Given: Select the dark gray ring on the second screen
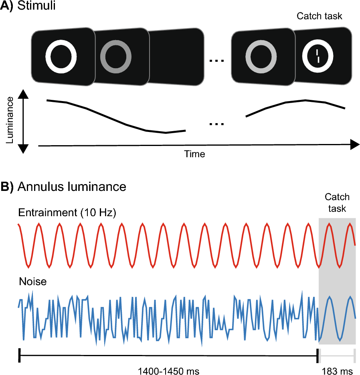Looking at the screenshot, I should tap(115, 56).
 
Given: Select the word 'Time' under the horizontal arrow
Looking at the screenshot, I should tap(194, 154).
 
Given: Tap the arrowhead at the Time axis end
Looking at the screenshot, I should tap(354, 145).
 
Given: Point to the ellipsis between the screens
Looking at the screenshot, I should tap(217, 61).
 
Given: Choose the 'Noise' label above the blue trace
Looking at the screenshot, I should tap(33, 282).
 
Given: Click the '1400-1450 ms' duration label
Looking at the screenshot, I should tap(168, 369).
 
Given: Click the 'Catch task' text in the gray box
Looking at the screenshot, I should tap(337, 203).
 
